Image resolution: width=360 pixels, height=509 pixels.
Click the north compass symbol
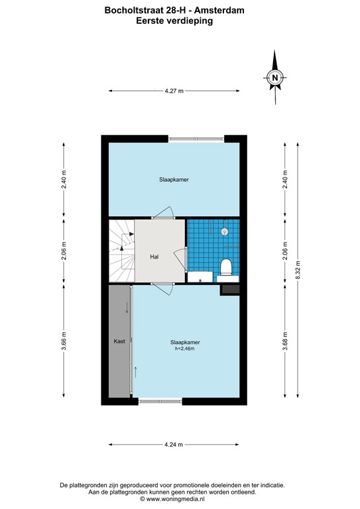tap(275, 79)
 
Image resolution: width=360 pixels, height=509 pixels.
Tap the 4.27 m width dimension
tap(174, 91)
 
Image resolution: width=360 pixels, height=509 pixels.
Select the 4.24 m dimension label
tap(174, 445)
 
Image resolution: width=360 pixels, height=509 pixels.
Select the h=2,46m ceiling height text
tap(187, 349)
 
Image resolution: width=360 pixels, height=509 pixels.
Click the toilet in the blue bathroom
tap(226, 267)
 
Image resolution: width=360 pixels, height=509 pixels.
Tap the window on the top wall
tap(196, 139)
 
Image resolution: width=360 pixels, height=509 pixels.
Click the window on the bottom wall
tap(160, 400)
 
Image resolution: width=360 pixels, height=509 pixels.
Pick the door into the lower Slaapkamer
tap(163, 288)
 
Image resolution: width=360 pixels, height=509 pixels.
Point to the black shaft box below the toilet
tap(229, 289)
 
